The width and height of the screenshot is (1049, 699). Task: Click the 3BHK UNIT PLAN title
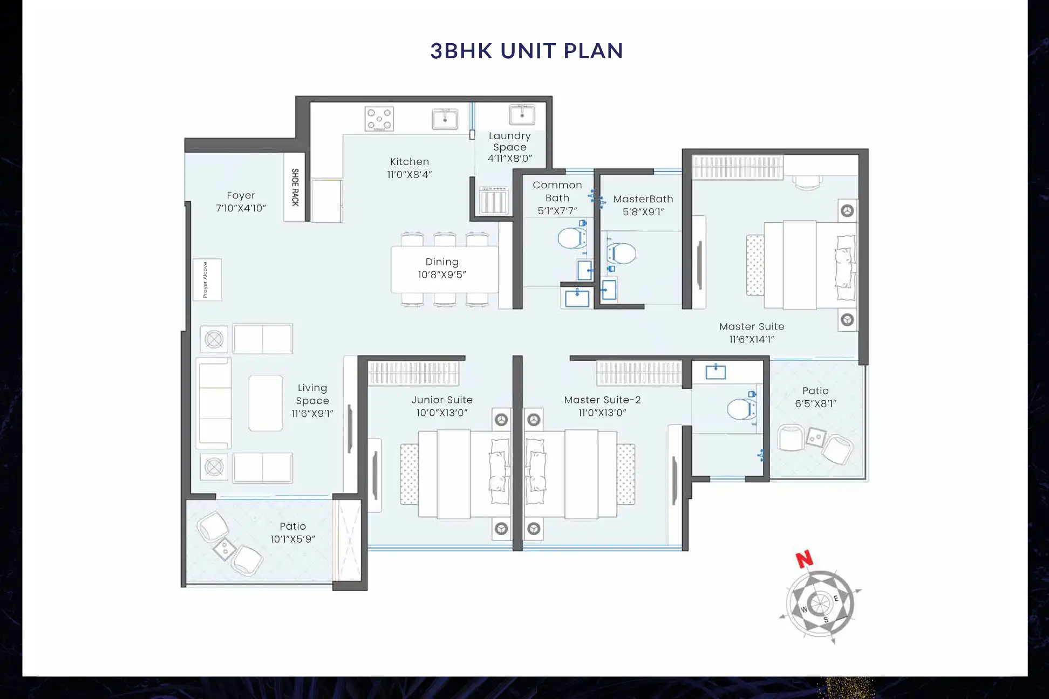[527, 51]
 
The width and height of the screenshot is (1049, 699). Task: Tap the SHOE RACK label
[295, 187]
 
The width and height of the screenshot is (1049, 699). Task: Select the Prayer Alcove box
[207, 279]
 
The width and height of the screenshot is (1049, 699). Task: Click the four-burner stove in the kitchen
[379, 119]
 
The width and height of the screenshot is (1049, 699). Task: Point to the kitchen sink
[445, 119]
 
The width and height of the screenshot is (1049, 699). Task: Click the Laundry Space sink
[522, 115]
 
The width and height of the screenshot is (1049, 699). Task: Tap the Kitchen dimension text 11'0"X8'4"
[410, 174]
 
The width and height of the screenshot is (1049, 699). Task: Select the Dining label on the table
[442, 262]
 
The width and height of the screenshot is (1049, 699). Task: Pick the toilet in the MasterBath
[622, 253]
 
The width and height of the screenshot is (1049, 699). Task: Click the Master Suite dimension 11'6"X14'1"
[752, 339]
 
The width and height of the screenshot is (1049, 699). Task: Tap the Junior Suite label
[442, 400]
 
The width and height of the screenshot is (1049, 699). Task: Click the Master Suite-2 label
[602, 400]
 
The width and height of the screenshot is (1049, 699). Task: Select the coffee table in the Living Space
[265, 403]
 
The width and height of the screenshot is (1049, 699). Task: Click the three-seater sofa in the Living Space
[214, 403]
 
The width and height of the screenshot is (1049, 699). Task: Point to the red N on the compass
[804, 559]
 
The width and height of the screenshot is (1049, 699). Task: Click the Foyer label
[241, 195]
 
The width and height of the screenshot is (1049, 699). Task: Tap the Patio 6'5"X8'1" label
[815, 396]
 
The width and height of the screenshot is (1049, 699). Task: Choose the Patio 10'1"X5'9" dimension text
[292, 539]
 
